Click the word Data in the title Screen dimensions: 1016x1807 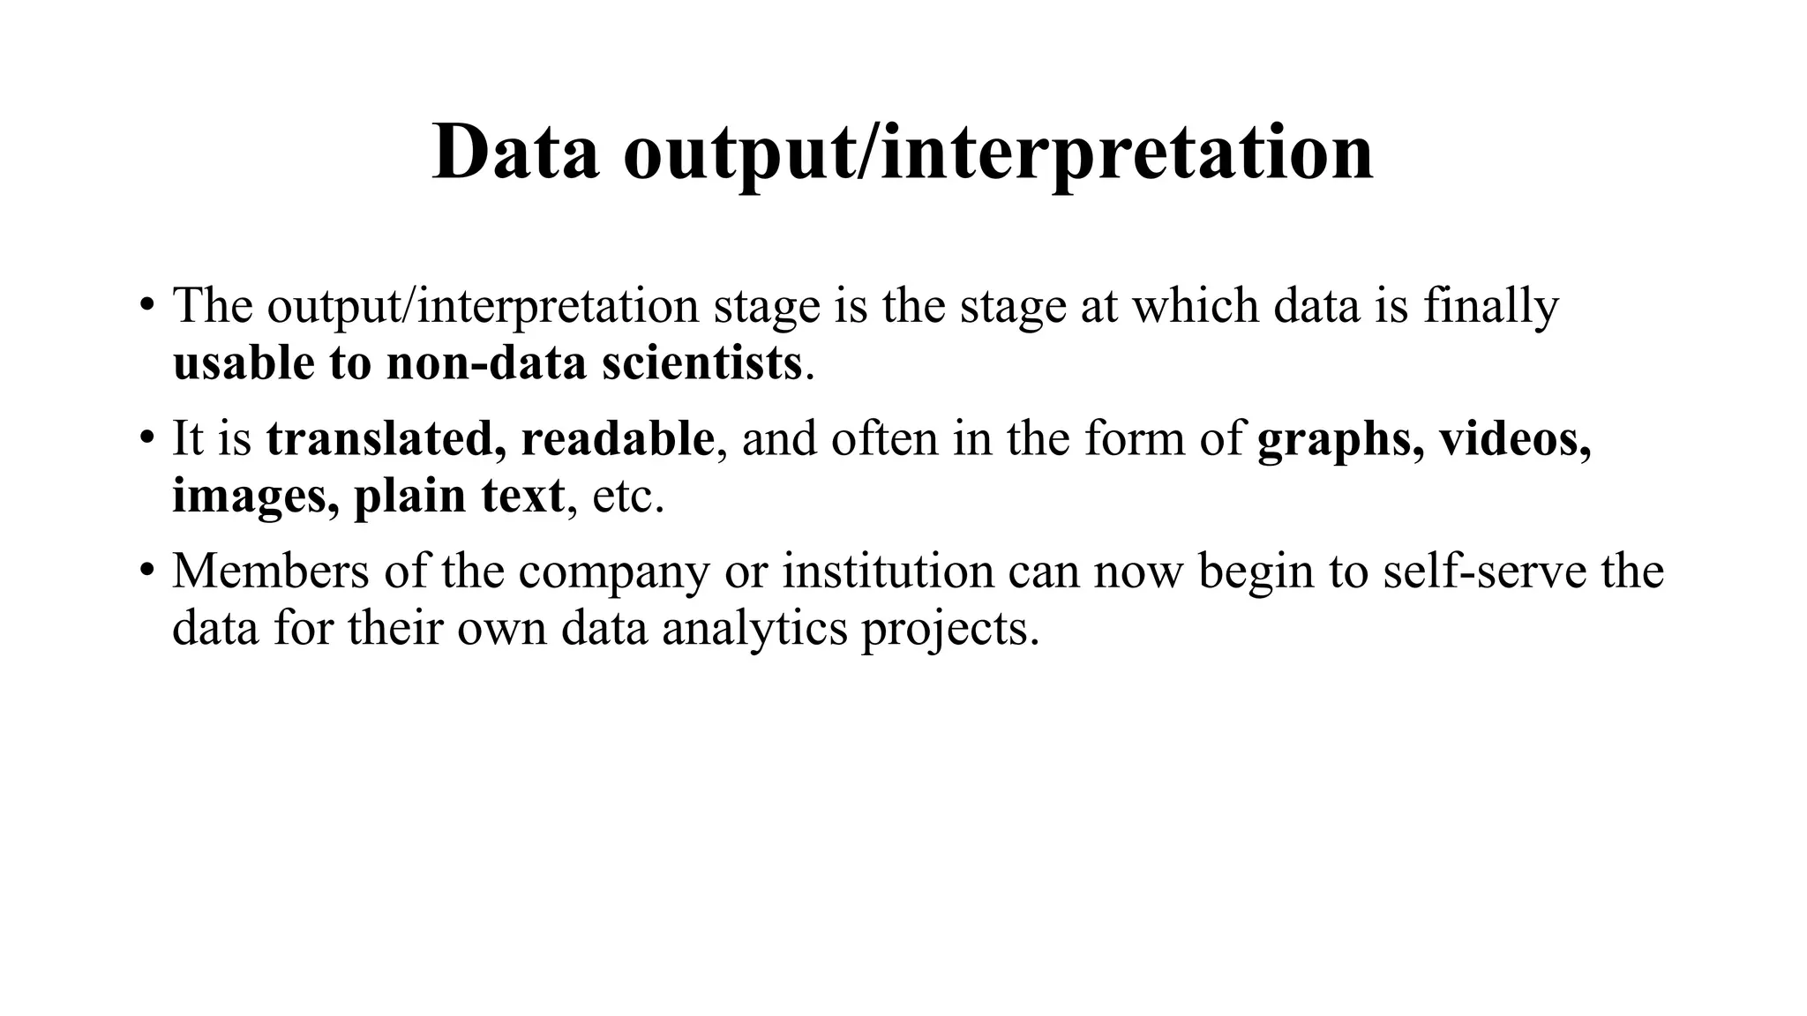point(515,152)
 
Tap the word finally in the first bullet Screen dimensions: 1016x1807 point(1491,306)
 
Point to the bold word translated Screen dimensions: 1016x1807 point(386,438)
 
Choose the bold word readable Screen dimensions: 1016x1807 point(618,438)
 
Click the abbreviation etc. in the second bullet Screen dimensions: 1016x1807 point(627,497)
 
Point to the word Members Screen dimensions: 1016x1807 point(270,571)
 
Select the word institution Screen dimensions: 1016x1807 point(888,571)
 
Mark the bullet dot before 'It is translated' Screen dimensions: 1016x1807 point(146,439)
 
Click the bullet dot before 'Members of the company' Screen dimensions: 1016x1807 point(146,571)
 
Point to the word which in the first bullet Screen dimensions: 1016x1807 point(1196,306)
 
